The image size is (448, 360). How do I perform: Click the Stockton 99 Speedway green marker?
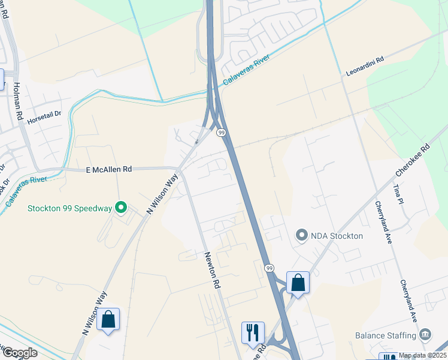click(121, 208)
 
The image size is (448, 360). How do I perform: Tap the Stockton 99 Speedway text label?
click(70, 209)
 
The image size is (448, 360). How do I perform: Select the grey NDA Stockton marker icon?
click(301, 236)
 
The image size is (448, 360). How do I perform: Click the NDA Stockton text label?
click(337, 236)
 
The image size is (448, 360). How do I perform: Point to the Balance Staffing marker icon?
click(425, 334)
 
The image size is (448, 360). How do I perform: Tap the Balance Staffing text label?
click(386, 335)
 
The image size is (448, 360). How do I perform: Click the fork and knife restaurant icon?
click(252, 332)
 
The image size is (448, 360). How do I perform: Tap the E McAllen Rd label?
click(108, 170)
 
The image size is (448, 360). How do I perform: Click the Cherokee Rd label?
click(413, 160)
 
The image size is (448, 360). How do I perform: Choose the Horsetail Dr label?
click(44, 113)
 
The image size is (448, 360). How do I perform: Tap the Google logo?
click(19, 353)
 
